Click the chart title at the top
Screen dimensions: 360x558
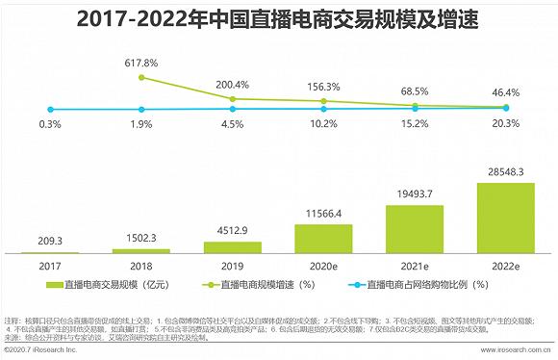coord(278,19)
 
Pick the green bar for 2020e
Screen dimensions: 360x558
coord(323,238)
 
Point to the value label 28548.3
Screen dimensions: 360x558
coord(505,172)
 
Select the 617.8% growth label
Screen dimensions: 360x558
coord(141,62)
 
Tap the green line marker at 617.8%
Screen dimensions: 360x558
coord(141,77)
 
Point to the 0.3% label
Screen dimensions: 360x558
coord(51,123)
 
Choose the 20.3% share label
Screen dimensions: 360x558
coord(505,122)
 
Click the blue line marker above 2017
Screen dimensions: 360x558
coord(51,109)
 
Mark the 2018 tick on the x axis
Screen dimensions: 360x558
coord(141,264)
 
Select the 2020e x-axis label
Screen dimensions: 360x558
coord(323,264)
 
